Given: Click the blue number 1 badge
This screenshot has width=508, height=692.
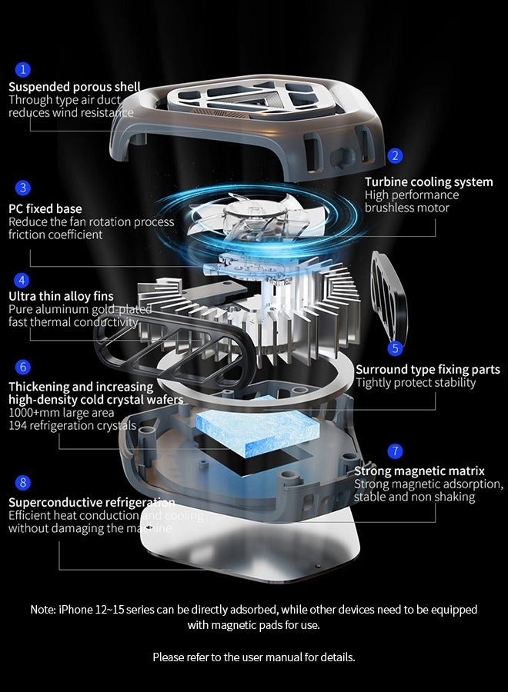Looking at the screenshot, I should [x=23, y=70].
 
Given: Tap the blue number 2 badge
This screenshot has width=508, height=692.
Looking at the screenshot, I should [x=395, y=155].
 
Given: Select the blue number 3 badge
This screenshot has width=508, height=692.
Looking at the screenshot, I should [x=23, y=188].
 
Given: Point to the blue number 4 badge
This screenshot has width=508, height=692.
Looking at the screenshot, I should [x=23, y=280].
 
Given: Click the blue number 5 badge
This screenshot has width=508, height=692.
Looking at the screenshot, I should [x=395, y=348].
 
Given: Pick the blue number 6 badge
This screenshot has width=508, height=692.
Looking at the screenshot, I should [x=23, y=368].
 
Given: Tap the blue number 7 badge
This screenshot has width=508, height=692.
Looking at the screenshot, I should [x=395, y=451].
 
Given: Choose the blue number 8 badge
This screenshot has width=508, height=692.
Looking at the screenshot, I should [x=23, y=483].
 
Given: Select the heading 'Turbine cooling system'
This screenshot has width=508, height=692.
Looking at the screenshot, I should [x=429, y=182].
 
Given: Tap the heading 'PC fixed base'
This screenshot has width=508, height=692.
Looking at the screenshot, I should [x=45, y=208].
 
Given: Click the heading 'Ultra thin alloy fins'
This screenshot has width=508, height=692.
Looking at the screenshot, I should [x=61, y=296].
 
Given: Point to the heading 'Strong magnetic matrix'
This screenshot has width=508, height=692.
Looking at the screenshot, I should [x=419, y=471].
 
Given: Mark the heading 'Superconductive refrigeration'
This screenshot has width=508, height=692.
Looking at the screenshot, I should [x=92, y=502].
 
